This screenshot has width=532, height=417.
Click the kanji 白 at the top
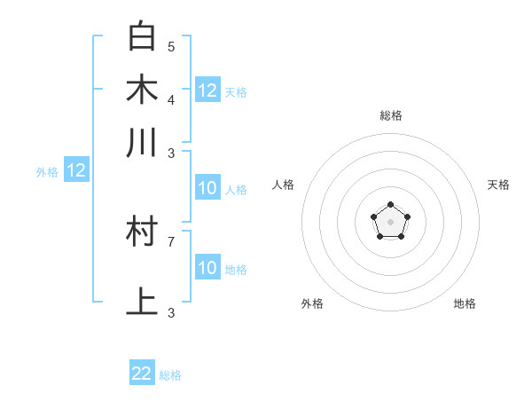point(142,36)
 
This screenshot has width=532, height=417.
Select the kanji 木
point(142,90)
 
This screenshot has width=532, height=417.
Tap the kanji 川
point(142,143)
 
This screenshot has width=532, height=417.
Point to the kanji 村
point(142,232)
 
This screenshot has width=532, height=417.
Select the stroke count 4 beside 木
point(171,99)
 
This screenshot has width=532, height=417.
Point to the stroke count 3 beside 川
point(171,153)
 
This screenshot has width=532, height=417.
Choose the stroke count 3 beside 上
point(171,312)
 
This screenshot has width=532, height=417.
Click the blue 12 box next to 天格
point(207,90)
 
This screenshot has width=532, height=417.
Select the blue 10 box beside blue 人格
point(207,188)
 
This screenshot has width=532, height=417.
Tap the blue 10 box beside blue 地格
point(207,268)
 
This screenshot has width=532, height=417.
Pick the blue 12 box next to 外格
point(76,170)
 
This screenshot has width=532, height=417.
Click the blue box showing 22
point(142,374)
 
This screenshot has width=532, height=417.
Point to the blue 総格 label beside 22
point(170,375)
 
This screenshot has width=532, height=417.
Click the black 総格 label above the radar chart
point(391,115)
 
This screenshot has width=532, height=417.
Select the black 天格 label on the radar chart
point(499,185)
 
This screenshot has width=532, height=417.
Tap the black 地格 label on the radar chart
point(465,303)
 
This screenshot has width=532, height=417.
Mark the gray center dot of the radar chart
point(391,222)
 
